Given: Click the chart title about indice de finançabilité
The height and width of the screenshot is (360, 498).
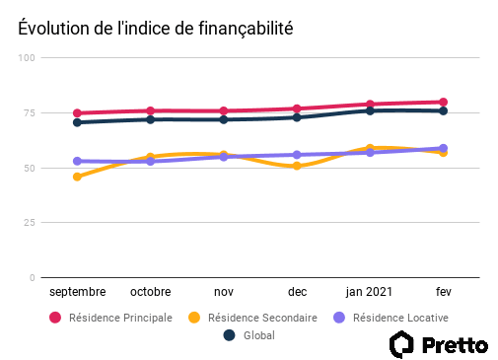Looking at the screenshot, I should (x=155, y=29).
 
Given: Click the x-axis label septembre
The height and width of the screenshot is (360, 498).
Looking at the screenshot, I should (x=77, y=293).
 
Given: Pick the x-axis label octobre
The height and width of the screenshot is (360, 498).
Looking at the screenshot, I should (x=151, y=293).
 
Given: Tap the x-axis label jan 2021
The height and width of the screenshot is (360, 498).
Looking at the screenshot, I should (x=370, y=293).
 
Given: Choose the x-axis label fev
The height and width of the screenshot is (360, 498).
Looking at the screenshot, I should (x=443, y=293).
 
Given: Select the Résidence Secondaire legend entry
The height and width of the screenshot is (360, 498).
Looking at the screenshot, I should (x=252, y=318).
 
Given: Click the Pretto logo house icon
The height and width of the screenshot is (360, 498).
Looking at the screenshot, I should (x=402, y=343).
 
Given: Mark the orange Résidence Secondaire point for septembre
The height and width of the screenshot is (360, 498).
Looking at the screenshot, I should (x=77, y=177).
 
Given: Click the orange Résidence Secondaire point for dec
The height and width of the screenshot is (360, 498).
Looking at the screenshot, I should (x=297, y=166).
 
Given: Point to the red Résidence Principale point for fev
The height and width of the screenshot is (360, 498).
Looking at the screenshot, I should (x=443, y=102).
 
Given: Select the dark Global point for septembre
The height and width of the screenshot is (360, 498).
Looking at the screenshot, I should (x=77, y=122).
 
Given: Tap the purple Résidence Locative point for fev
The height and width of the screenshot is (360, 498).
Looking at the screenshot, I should (x=443, y=148).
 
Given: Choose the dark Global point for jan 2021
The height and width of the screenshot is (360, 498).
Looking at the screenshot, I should (x=370, y=110).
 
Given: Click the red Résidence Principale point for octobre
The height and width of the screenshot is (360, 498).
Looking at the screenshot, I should (x=151, y=110).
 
